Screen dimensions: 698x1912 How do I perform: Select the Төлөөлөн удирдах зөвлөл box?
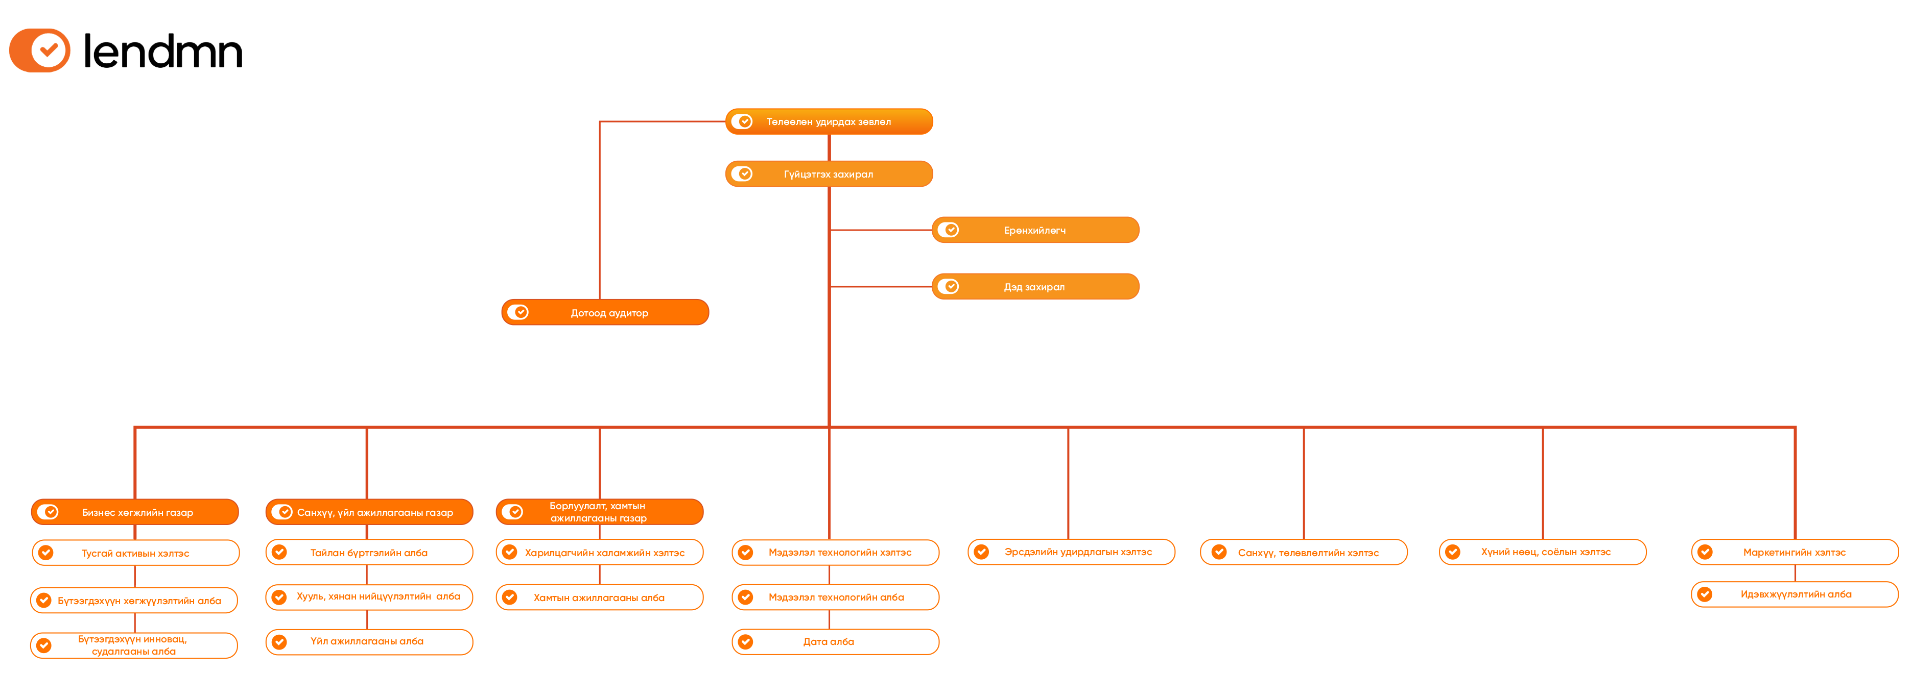(x=829, y=121)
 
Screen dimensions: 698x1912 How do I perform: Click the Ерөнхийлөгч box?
(x=1035, y=231)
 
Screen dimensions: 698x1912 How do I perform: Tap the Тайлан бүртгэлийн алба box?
(x=369, y=553)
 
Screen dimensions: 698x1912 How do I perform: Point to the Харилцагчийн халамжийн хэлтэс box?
(x=600, y=553)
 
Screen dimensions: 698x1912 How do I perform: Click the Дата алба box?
(x=835, y=642)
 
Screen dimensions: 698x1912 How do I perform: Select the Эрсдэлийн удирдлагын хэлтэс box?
(x=1071, y=553)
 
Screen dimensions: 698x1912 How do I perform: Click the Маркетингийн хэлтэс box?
(x=1794, y=553)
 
